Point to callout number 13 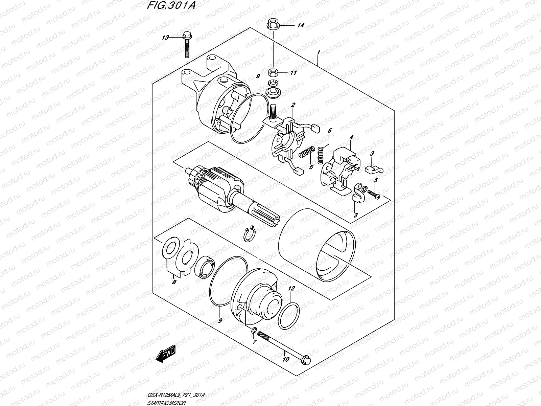tap(165, 38)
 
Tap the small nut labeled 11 tap(273, 73)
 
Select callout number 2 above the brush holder tap(293, 106)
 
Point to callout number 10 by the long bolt tap(286, 359)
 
